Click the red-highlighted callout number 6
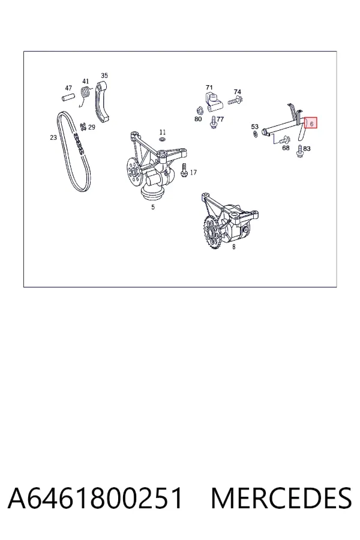point(312,123)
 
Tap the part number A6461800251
point(95,498)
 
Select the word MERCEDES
point(281,498)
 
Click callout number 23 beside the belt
point(53,137)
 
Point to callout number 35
point(104,76)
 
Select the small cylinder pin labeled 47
point(68,97)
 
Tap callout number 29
point(92,127)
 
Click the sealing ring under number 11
point(162,139)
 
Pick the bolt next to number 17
point(184,170)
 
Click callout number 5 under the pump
point(153,207)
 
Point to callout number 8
point(233,247)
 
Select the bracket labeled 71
point(213,102)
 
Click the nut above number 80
point(199,110)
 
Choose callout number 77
point(220,119)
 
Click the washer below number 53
point(255,134)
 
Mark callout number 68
point(286,148)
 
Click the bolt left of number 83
point(299,151)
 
